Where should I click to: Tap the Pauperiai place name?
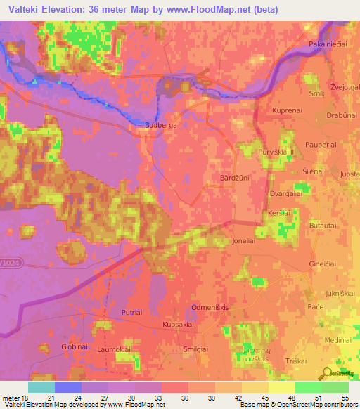325,143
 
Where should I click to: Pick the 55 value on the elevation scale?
345,397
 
